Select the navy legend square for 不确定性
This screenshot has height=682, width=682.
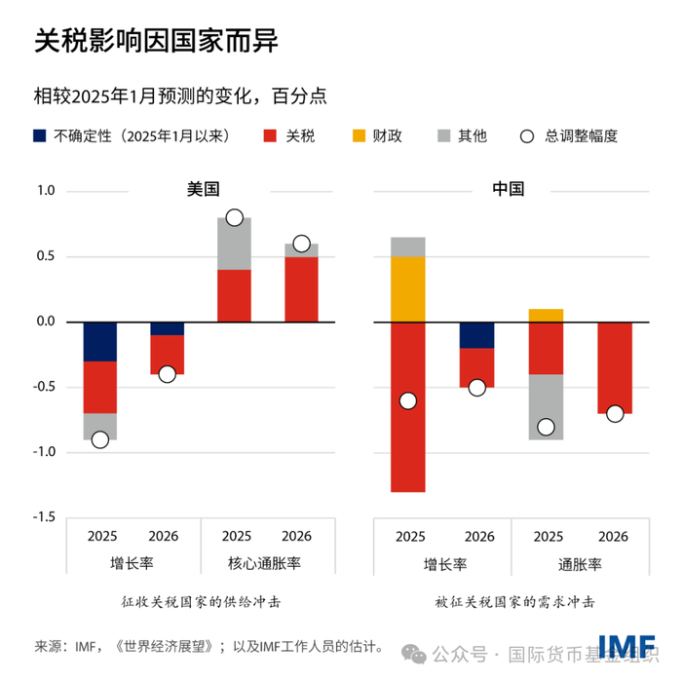[41, 136]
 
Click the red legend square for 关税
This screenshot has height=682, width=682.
[270, 136]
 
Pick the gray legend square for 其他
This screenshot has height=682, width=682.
[442, 136]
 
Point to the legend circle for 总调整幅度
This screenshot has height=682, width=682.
[527, 136]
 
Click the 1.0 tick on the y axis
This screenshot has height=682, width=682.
[46, 191]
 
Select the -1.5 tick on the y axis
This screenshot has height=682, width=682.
[44, 517]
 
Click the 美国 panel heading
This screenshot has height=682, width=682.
[203, 189]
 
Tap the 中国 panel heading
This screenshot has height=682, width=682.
[508, 189]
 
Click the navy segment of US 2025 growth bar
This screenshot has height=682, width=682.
[99, 341]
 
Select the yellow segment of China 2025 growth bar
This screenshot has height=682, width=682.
[408, 289]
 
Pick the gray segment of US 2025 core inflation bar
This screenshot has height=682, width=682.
[234, 244]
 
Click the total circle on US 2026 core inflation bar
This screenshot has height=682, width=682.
[301, 244]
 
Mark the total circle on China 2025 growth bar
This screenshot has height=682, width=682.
[408, 400]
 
